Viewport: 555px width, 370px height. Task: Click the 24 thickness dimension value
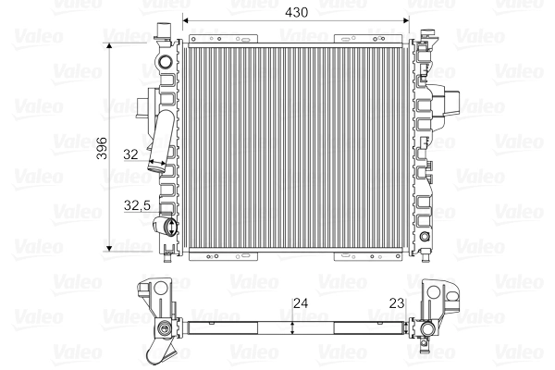click(299, 302)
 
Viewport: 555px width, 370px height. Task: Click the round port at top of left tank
click(166, 64)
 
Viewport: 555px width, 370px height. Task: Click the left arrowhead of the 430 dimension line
click(188, 20)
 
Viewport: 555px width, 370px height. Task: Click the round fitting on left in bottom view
click(164, 327)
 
